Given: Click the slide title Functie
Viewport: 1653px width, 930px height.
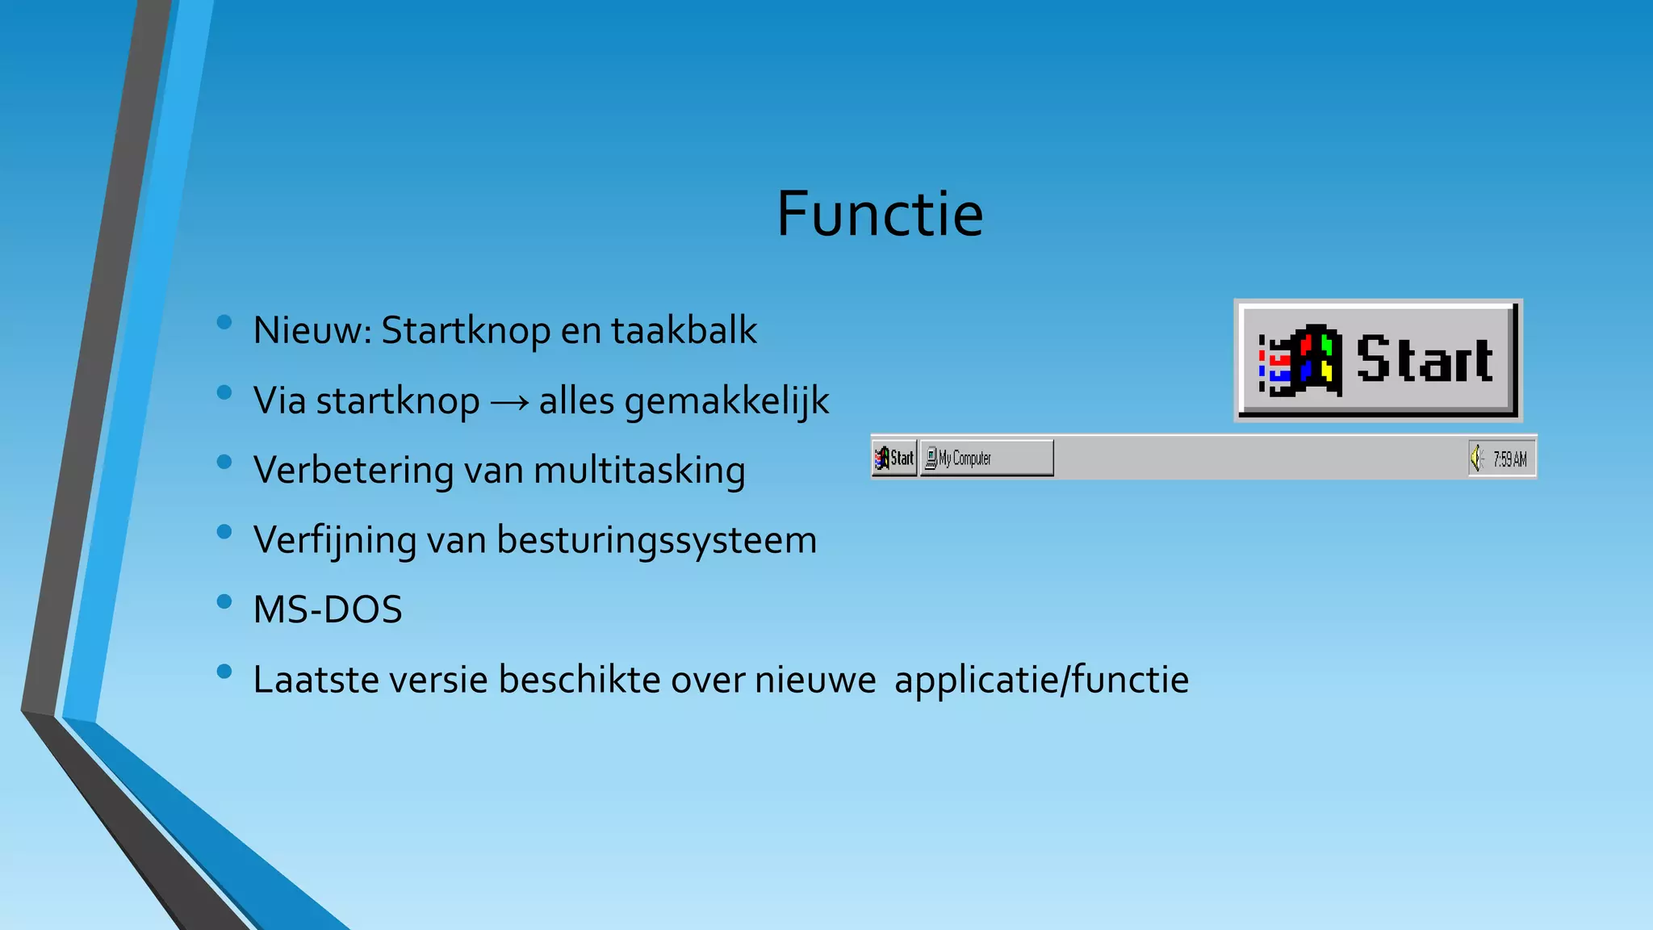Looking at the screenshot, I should (x=879, y=214).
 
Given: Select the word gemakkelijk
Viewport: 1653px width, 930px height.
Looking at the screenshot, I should (x=726, y=401).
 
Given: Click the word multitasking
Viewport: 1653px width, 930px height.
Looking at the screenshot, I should (x=639, y=471).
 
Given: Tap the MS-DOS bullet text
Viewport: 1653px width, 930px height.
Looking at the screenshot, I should (x=327, y=610).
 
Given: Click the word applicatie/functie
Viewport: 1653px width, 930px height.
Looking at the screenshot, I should (x=1041, y=680).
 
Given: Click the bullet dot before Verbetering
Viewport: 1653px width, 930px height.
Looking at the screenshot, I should (x=224, y=462).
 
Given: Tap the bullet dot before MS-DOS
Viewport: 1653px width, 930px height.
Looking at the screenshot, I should (x=224, y=601).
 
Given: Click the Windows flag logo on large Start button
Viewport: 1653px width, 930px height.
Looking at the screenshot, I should (x=1300, y=361).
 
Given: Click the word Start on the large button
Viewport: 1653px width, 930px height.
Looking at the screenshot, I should (x=1425, y=359).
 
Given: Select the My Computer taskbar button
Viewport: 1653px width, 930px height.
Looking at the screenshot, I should (x=986, y=459).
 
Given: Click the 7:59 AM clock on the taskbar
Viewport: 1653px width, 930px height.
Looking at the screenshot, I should (x=1509, y=459).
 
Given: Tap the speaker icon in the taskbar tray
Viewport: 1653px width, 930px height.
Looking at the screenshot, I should (x=1477, y=459).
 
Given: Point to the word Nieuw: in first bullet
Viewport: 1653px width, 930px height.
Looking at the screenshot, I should (x=312, y=331).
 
